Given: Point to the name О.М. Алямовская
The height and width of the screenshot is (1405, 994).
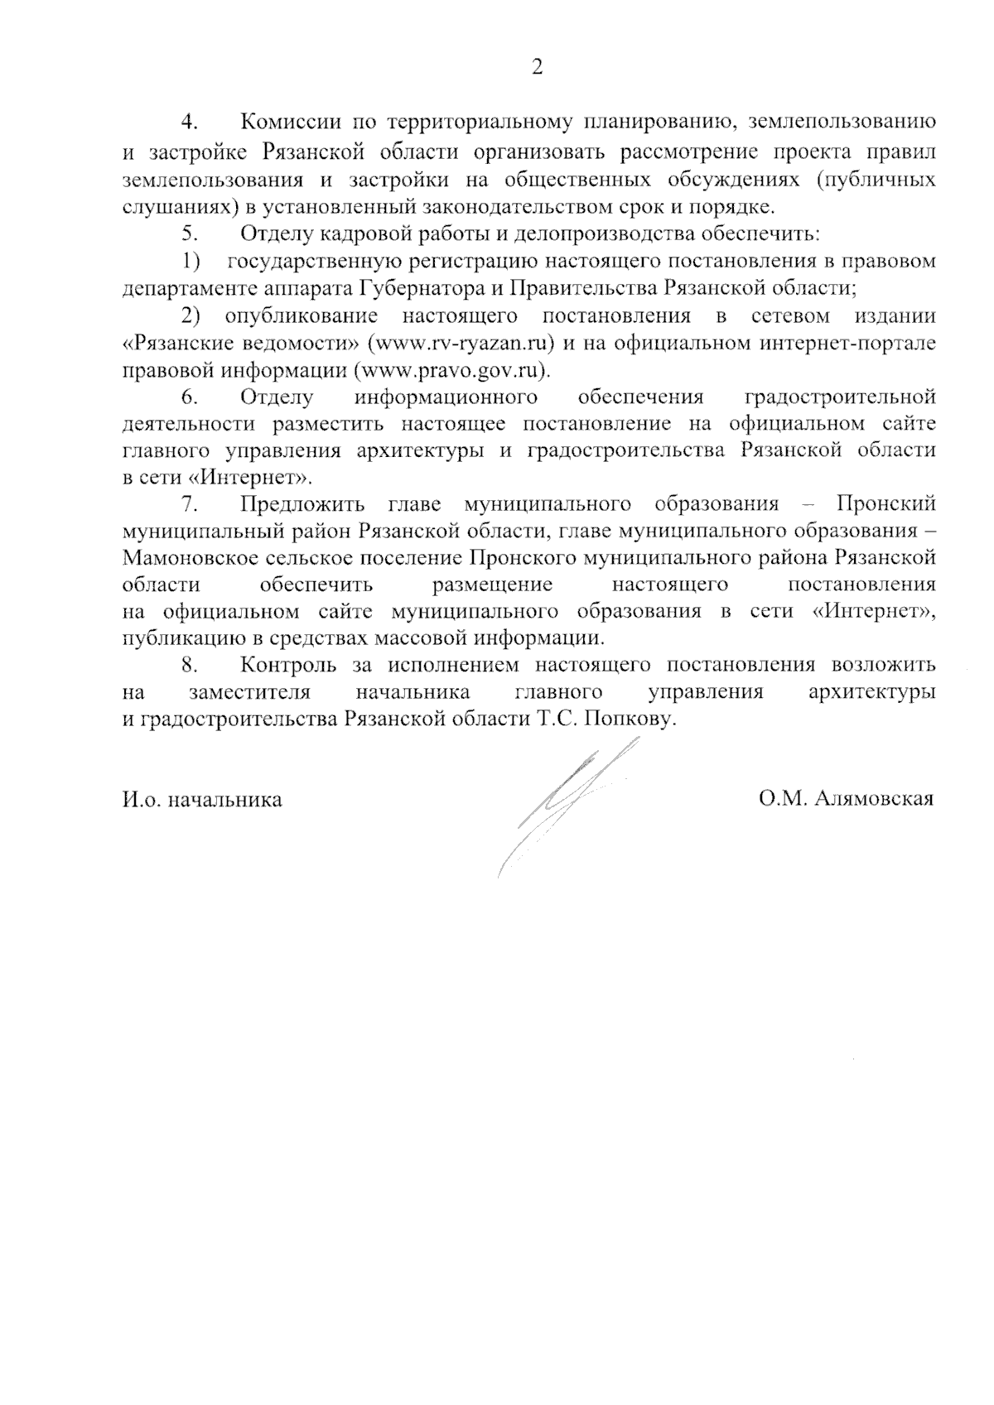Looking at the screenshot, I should tap(846, 799).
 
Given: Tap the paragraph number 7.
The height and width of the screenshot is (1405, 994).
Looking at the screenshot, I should tap(191, 503).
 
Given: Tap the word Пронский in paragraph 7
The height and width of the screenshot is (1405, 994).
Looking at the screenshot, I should tap(886, 503).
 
